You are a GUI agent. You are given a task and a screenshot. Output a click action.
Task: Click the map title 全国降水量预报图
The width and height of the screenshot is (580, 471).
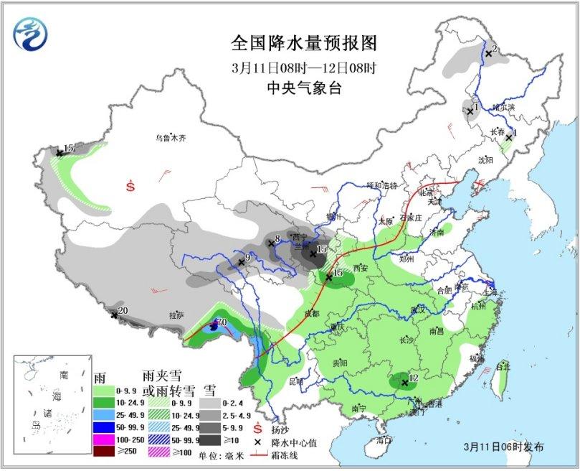pyautogui.click(x=304, y=44)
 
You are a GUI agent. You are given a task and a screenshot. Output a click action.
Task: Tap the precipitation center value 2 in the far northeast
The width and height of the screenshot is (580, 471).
pyautogui.click(x=495, y=49)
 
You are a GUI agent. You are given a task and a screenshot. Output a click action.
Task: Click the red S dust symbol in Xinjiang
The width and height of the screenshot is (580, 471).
pyautogui.click(x=130, y=186)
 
